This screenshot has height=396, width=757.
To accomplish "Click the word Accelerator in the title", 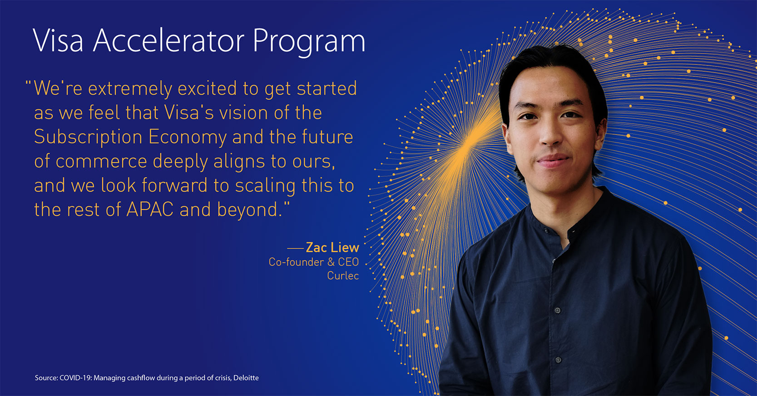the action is [x=168, y=40].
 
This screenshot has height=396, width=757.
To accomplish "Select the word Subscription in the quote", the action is [x=88, y=138].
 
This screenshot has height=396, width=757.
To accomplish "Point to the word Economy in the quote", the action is [x=188, y=138].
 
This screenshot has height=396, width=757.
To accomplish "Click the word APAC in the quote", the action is [x=150, y=210].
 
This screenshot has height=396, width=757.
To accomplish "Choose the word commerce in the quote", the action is [x=101, y=161].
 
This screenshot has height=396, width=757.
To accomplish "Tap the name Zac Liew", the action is [x=332, y=247].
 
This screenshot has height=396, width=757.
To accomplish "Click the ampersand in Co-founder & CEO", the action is [x=331, y=262].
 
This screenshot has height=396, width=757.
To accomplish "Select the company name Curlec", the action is [x=343, y=276].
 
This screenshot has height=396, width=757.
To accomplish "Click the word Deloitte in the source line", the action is [x=246, y=378].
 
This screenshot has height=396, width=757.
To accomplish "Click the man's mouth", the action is [x=553, y=160].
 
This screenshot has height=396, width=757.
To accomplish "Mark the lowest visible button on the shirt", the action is [x=558, y=360].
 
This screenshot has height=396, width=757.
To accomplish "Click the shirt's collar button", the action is [x=546, y=231].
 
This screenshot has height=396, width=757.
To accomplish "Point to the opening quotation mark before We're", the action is [x=29, y=83].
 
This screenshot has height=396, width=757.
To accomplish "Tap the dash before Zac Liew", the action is [x=295, y=248].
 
